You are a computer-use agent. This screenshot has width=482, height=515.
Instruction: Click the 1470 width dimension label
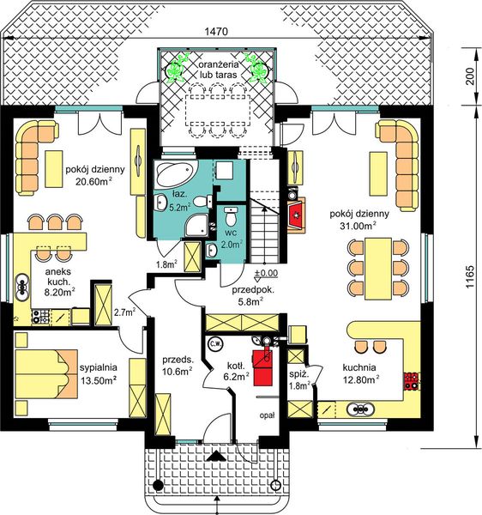(216, 32)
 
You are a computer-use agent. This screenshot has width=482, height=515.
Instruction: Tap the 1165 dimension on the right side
(470, 276)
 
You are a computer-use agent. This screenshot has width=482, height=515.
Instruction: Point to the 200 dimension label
(470, 76)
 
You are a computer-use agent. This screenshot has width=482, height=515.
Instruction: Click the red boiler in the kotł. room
(262, 367)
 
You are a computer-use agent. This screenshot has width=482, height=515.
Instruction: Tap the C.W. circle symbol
(215, 344)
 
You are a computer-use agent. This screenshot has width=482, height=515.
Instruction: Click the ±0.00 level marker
(266, 275)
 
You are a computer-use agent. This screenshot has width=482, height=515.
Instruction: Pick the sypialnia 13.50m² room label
(99, 374)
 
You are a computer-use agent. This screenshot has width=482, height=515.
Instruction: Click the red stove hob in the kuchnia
(411, 380)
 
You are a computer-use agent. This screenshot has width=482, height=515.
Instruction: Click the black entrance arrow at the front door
(215, 457)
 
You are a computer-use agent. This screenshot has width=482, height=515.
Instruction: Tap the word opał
(267, 415)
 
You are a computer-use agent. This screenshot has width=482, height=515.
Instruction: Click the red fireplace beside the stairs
(297, 215)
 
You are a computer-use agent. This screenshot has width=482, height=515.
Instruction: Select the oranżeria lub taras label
(218, 70)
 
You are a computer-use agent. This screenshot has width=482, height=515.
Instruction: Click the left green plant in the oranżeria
(178, 69)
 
